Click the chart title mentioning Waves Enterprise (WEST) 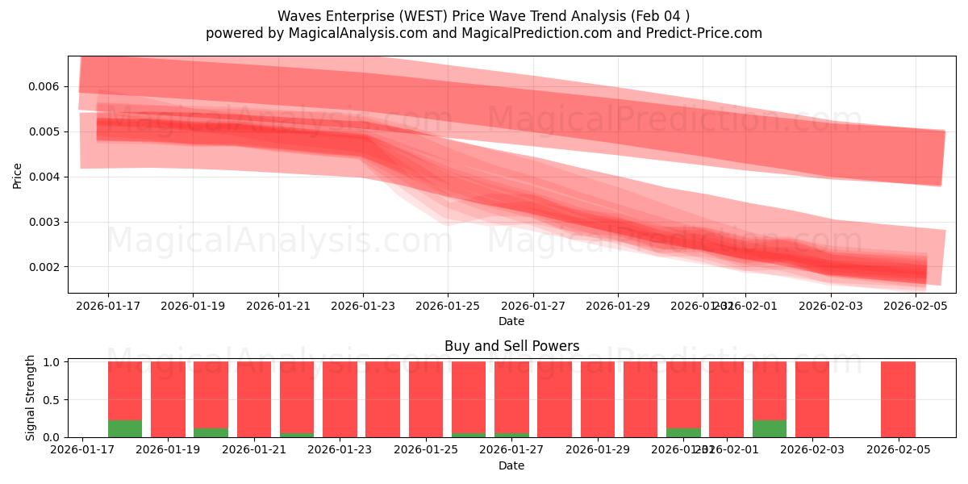click(483, 16)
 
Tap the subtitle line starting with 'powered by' click(483, 33)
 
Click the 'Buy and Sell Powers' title click(511, 346)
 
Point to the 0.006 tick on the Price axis click(48, 86)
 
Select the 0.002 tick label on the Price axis click(48, 267)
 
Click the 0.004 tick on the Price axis click(48, 177)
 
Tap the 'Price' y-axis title click(18, 175)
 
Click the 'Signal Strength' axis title click(31, 398)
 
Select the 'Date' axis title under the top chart click(511, 321)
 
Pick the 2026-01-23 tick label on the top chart click(363, 306)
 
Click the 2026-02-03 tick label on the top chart click(831, 306)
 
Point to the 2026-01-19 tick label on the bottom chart click(168, 450)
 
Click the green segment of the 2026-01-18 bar click(125, 428)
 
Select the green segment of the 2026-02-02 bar click(770, 428)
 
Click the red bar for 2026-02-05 click(898, 399)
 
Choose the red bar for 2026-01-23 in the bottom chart click(340, 399)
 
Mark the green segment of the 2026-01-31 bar click(683, 432)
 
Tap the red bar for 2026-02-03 click(812, 399)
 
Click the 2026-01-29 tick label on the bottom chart click(598, 450)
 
